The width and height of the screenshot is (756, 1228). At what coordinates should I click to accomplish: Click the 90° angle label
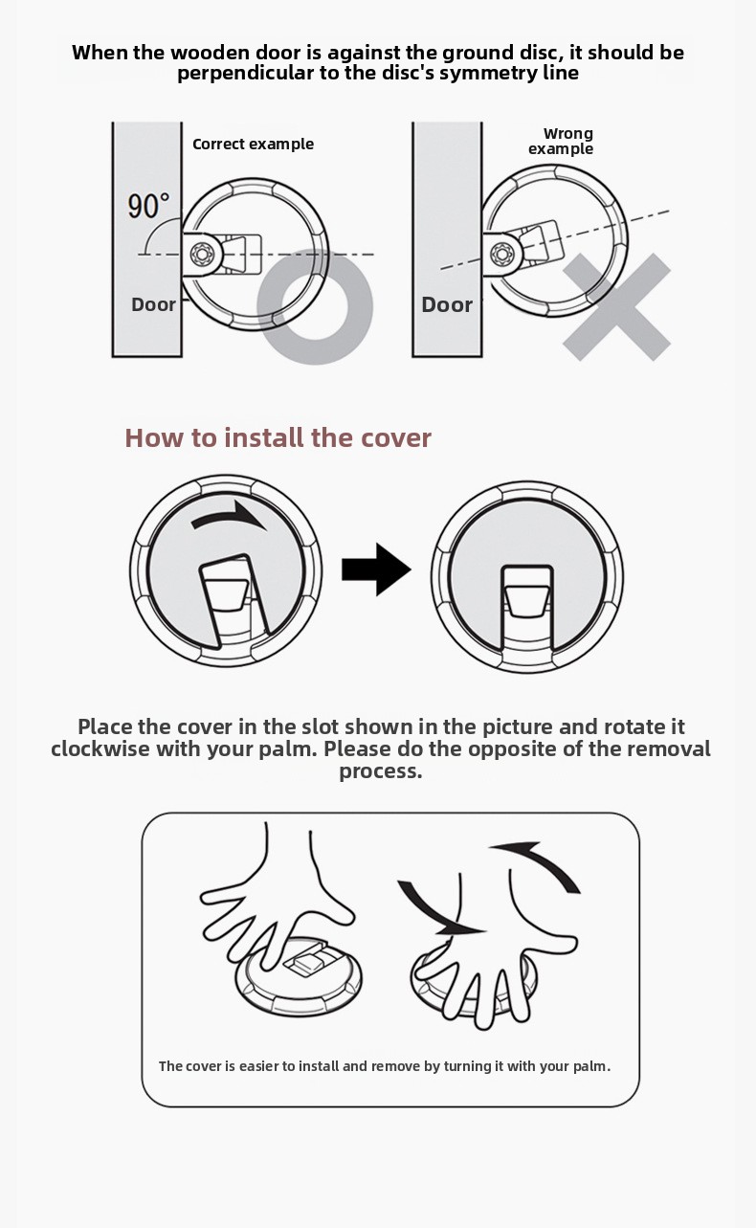tap(148, 206)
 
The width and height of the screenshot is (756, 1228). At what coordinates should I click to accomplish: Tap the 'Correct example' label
tap(254, 145)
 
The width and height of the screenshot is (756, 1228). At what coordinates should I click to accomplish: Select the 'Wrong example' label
tap(561, 141)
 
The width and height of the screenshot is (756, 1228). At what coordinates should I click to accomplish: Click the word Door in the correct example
tap(153, 304)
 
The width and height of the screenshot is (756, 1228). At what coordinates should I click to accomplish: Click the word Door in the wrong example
tap(447, 304)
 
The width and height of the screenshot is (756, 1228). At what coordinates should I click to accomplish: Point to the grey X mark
tap(616, 307)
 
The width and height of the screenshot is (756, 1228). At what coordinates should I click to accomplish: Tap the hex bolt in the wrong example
tap(500, 253)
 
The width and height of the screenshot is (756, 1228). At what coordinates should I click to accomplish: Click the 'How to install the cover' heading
tap(278, 438)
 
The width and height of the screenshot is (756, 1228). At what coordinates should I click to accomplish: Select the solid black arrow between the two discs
tap(376, 569)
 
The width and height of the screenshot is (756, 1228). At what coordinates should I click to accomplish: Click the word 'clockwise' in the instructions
tap(100, 748)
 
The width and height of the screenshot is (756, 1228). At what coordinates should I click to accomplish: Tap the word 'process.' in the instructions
tap(381, 771)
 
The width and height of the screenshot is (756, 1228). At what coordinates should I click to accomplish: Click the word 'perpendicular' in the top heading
tap(245, 73)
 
